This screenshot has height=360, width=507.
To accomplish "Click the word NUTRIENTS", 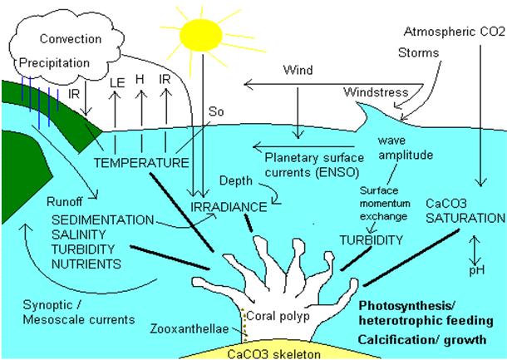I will pos(80,264).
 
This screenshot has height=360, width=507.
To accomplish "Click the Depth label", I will pos(235,180).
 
